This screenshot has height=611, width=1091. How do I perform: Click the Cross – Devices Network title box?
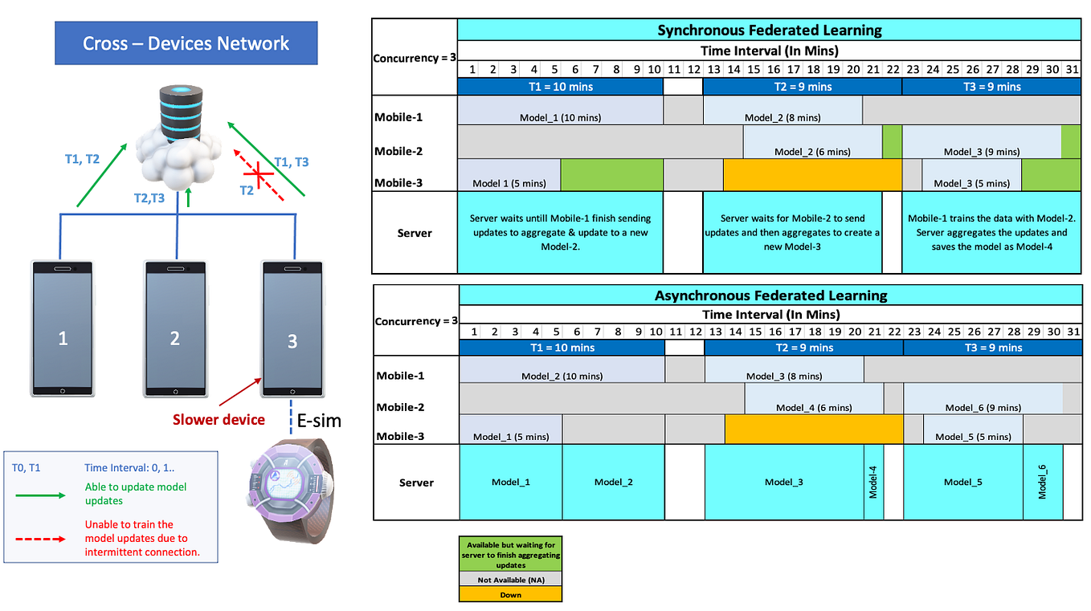coord(186,43)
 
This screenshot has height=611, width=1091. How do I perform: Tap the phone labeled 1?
coord(63,328)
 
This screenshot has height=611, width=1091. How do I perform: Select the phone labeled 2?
coord(175,328)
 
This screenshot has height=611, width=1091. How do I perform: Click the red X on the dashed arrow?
coord(259,172)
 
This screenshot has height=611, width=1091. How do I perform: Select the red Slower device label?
coord(219,419)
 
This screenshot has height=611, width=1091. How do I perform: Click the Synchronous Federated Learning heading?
coord(769,31)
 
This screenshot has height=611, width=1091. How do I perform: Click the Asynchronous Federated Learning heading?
coord(770,295)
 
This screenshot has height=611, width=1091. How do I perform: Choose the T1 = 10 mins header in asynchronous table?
coord(562,348)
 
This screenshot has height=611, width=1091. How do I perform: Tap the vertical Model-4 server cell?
coord(873,482)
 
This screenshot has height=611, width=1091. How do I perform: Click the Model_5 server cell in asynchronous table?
coord(962,482)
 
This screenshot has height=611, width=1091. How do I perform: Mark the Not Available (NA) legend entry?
coord(510,580)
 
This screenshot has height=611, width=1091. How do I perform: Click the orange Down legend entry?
coord(510,595)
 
